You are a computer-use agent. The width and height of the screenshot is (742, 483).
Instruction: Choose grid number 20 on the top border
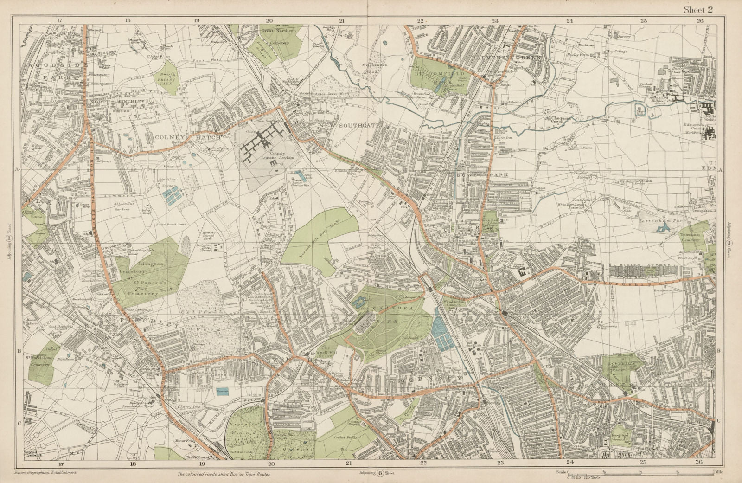(269, 20)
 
